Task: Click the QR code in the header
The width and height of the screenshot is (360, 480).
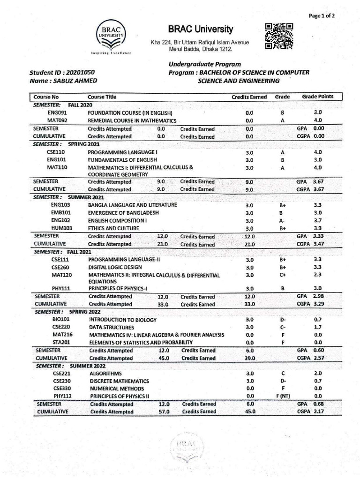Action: (x=279, y=36)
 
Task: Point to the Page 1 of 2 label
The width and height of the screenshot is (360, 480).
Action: (x=322, y=15)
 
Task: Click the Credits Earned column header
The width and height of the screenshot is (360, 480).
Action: (x=249, y=97)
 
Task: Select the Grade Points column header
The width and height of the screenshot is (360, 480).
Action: (x=317, y=97)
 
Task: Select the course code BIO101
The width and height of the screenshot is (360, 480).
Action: (x=61, y=319)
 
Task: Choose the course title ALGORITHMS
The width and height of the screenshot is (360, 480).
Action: (x=105, y=373)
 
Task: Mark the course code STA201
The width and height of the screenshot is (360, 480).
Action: (x=61, y=342)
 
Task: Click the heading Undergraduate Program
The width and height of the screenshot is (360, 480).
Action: (x=205, y=64)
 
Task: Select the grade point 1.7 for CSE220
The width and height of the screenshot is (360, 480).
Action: (x=318, y=327)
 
